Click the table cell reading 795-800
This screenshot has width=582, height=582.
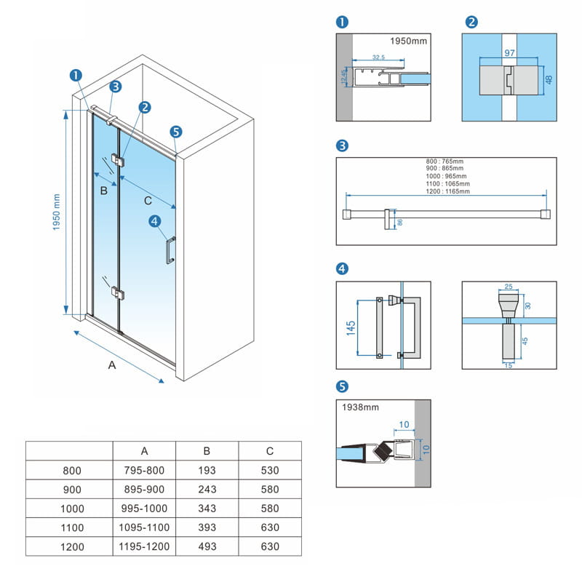pos(144,470)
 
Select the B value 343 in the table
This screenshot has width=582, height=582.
pos(207,509)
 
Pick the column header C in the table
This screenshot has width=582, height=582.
pos(271,451)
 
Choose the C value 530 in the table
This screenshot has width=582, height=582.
pos(271,470)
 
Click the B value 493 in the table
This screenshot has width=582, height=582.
pos(207,546)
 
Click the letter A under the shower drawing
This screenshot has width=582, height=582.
pos(111,366)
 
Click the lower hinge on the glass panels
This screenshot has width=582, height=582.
pos(117,293)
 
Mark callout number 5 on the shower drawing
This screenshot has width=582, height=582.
pos(175,132)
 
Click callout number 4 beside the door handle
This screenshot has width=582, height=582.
pos(154,221)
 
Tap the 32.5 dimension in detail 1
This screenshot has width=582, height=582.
pos(378,57)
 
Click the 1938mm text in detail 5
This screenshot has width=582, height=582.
pos(359,408)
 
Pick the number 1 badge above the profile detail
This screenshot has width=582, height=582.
pos(343,22)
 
